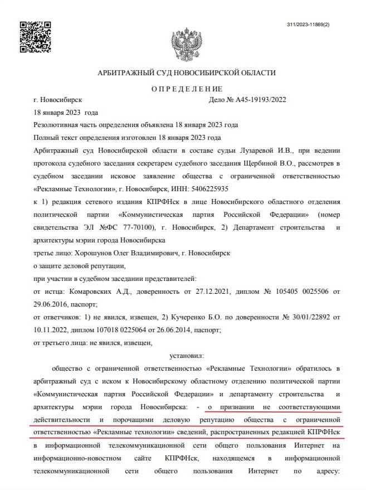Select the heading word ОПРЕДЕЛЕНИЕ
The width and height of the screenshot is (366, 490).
click(186, 89)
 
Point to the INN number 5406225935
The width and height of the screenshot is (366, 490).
click(178, 189)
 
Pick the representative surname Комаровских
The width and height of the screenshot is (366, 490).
click(91, 292)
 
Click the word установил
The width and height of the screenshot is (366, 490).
click(186, 355)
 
